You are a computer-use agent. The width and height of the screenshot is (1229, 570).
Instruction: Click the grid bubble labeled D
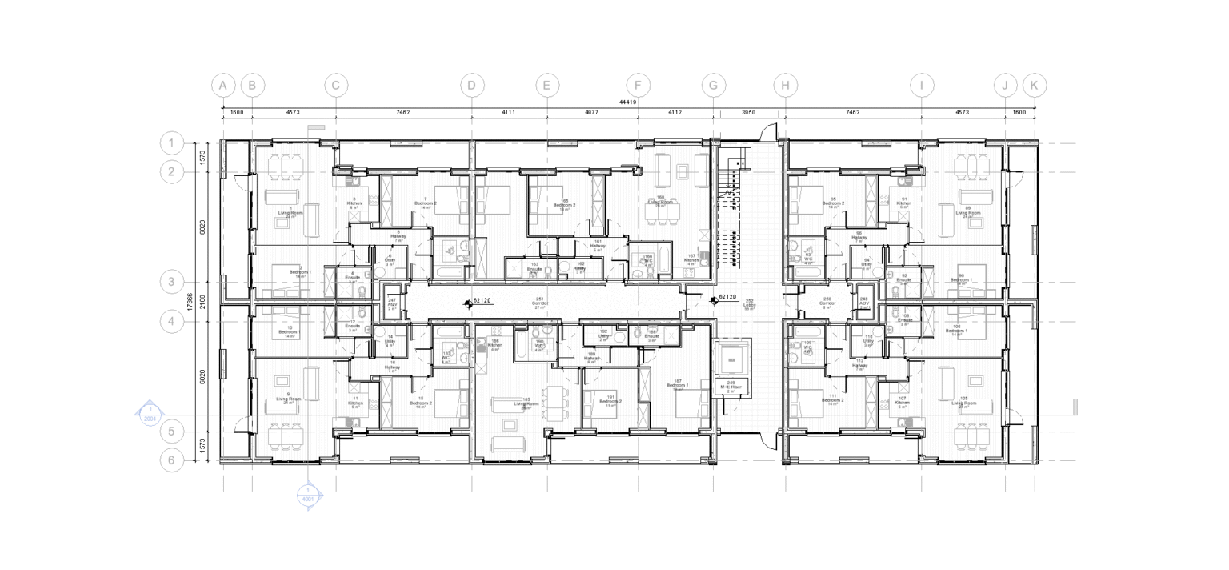tap(472, 85)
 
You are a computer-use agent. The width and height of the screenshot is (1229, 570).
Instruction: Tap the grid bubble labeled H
tap(786, 85)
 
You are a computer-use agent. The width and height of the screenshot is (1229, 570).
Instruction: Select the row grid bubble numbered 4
tap(171, 321)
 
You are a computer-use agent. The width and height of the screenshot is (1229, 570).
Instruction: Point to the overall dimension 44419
tap(627, 102)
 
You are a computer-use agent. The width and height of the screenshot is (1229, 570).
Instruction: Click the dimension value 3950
tap(749, 113)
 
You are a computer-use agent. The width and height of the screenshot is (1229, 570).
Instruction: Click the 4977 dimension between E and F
tap(592, 113)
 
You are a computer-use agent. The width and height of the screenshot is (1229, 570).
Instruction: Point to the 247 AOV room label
tap(392, 303)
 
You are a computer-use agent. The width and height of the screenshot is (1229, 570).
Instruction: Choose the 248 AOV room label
tap(864, 303)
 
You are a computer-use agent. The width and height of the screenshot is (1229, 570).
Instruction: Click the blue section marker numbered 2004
tap(150, 414)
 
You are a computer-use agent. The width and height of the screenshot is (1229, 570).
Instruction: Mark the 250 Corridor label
tap(827, 303)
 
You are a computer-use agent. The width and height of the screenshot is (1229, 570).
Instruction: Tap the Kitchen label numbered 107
tap(903, 402)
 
